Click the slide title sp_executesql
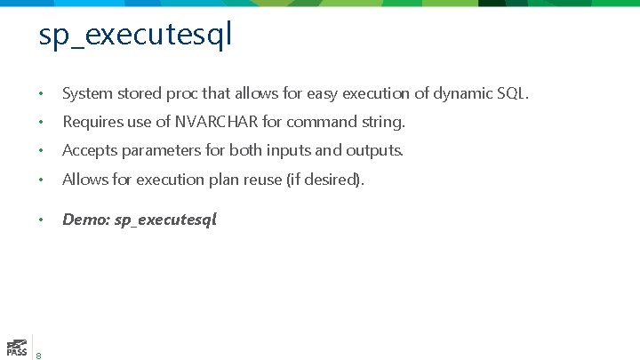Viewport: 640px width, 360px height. [135, 35]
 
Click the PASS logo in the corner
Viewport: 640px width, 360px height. [16, 347]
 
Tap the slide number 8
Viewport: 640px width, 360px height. [39, 356]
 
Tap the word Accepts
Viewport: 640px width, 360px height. [87, 150]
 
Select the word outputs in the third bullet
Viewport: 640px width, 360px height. [373, 150]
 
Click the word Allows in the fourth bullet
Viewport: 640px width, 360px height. [83, 180]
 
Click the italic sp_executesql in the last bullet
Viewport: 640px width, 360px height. [165, 220]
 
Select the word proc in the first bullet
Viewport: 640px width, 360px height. [179, 93]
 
